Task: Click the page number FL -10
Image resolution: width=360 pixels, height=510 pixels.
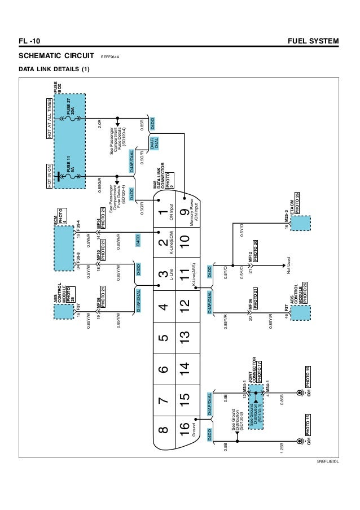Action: tap(29, 42)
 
